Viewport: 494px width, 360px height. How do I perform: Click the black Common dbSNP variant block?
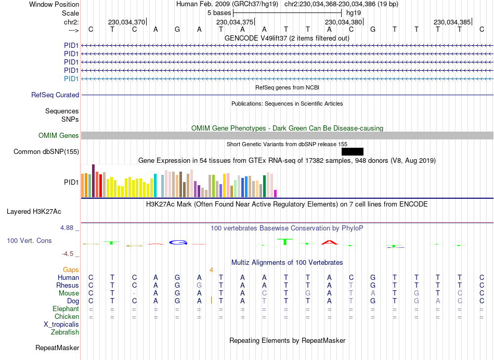tap(353, 151)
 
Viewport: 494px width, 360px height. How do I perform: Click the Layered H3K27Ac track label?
tap(34, 212)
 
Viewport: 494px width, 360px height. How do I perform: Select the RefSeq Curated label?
tap(55, 95)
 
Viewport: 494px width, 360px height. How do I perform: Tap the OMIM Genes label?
tap(59, 136)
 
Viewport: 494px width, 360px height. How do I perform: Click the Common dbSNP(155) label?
tap(46, 152)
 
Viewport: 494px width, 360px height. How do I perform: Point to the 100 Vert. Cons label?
tap(29, 241)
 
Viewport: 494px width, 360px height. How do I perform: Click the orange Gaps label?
tap(71, 269)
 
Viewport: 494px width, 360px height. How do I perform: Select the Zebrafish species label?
tap(65, 332)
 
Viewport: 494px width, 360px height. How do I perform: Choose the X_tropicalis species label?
tap(61, 325)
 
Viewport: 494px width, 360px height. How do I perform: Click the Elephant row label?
tap(66, 309)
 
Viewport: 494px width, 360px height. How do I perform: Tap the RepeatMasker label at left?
tap(57, 348)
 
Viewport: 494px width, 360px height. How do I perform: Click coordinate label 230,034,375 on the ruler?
tap(235, 22)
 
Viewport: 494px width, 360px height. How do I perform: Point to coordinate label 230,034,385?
tap(452, 22)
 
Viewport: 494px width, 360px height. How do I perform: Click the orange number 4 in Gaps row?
tap(212, 269)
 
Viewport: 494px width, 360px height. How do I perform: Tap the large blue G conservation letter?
tap(178, 242)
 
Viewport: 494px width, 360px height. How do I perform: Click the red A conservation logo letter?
tap(329, 242)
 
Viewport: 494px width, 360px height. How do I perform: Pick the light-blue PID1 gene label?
tap(71, 79)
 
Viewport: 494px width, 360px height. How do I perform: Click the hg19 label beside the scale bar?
tap(353, 12)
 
